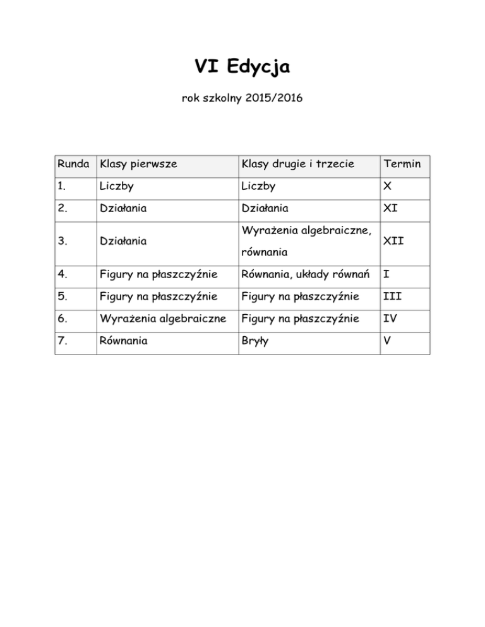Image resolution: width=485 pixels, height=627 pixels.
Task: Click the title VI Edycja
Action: (242, 66)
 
